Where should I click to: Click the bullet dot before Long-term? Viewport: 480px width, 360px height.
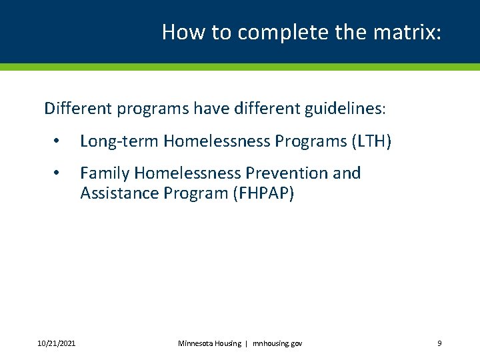(x=58, y=142)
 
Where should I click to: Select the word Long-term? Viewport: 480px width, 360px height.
(x=119, y=141)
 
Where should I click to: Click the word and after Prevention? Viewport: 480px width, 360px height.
(x=346, y=173)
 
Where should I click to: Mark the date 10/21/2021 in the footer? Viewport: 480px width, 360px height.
(x=57, y=343)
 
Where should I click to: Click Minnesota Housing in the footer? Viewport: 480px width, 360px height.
(x=209, y=343)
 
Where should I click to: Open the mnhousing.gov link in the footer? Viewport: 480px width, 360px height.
(x=277, y=343)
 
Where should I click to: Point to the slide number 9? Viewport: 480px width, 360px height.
(x=439, y=343)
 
